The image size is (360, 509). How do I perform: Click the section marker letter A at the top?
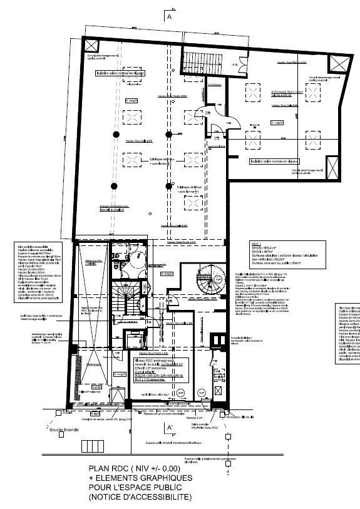[x=170, y=19]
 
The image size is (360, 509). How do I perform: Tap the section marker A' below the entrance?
[x=169, y=428]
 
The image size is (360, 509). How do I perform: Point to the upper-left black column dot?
[x=116, y=135]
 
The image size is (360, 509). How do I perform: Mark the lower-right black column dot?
[x=168, y=186]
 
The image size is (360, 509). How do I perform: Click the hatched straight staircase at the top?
[x=198, y=61]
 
